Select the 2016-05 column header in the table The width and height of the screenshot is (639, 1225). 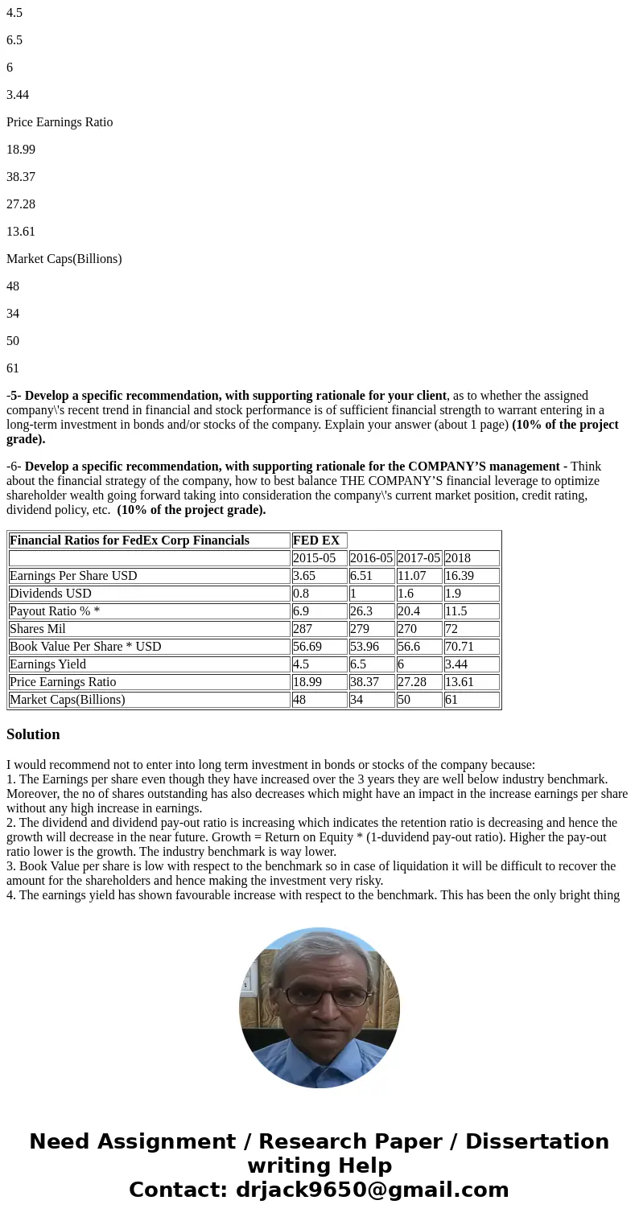[371, 558]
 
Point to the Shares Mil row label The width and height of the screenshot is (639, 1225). [38, 629]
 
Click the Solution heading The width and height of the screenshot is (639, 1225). [33, 734]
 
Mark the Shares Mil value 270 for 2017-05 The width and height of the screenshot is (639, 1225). [407, 629]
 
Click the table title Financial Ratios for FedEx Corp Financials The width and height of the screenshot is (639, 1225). [130, 541]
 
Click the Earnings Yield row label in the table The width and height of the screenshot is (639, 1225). [47, 664]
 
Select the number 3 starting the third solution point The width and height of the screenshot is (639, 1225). [10, 866]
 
